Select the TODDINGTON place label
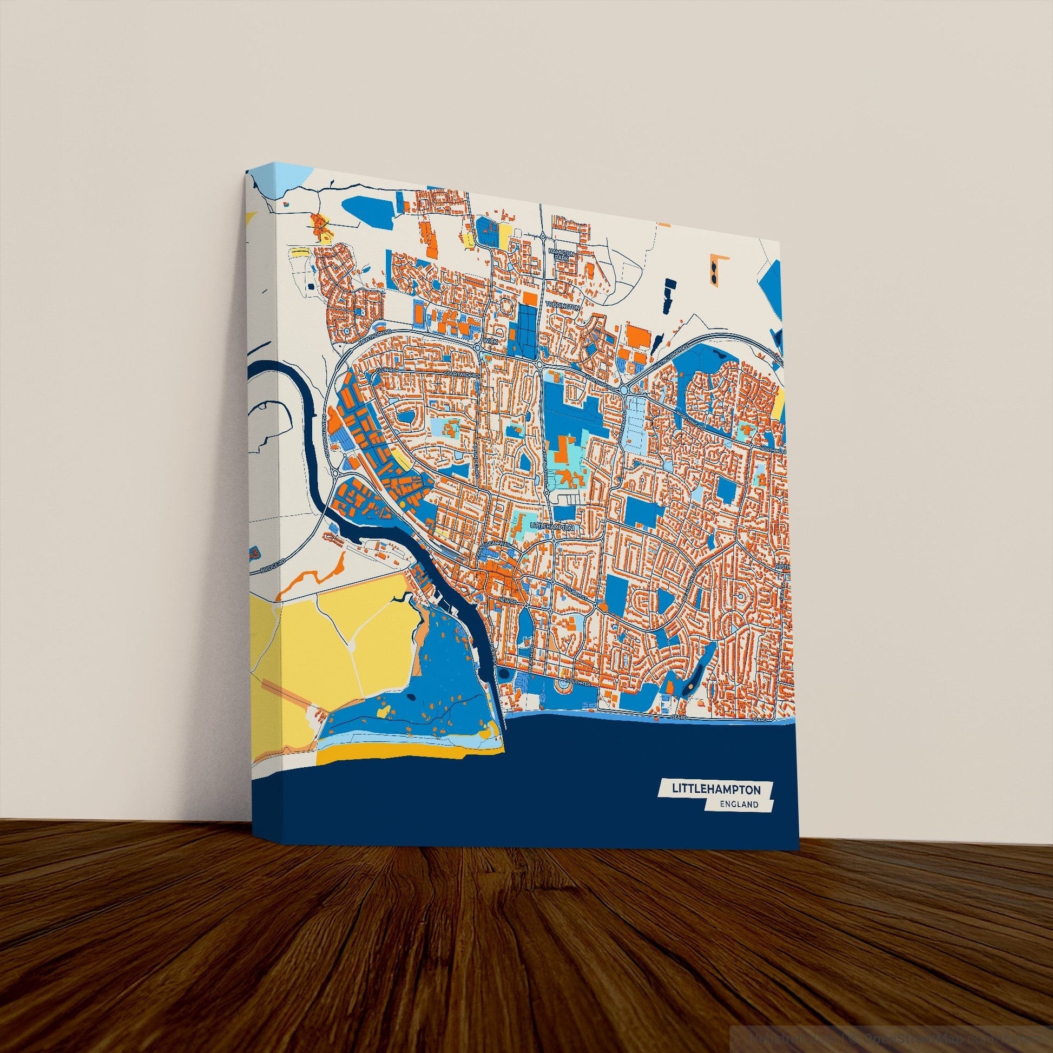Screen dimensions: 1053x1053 [565, 307]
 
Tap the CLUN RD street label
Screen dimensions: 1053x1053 [384, 372]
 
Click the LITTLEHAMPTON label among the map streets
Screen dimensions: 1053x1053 [551, 527]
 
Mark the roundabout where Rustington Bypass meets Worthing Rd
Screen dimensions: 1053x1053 [624, 390]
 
